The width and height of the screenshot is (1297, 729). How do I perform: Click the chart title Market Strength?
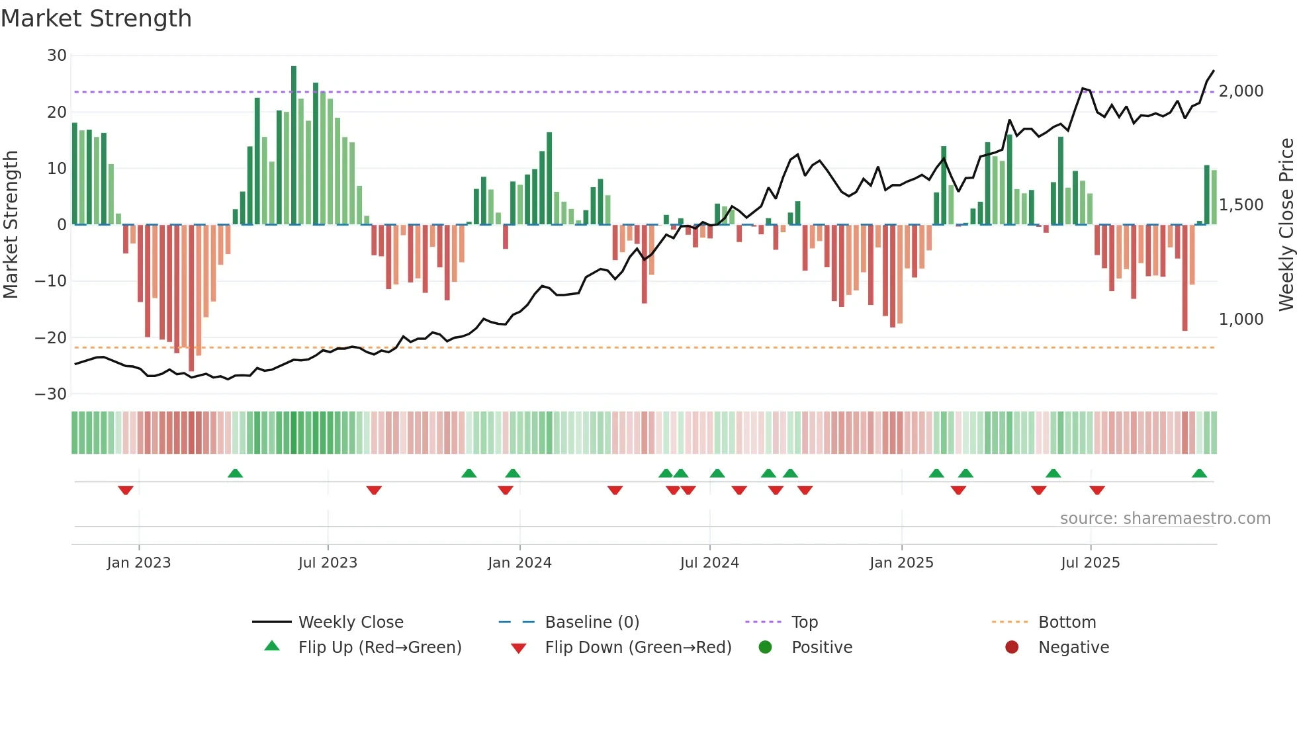pos(97,19)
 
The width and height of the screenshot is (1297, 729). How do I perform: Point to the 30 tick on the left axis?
pos(57,56)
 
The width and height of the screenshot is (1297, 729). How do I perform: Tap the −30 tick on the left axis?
pos(51,394)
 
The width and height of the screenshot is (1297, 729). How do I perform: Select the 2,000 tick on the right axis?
pos(1241,91)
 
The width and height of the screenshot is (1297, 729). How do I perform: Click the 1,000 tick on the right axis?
pos(1241,320)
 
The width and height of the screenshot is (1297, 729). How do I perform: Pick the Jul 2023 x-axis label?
pos(328,563)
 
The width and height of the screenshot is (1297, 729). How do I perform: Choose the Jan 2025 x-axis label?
pos(901,563)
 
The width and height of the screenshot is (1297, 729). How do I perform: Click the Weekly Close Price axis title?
pos(1286,225)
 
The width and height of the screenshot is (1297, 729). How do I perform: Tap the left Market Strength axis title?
pos(11,225)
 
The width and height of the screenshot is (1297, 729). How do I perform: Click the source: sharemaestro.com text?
pos(1165,519)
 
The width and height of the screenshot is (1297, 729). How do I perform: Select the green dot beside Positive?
pos(766,648)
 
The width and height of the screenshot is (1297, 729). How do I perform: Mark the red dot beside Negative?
pos(1012,648)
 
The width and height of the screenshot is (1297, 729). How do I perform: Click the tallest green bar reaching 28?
pos(294,146)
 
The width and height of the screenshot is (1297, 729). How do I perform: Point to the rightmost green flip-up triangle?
pos(1199,474)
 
